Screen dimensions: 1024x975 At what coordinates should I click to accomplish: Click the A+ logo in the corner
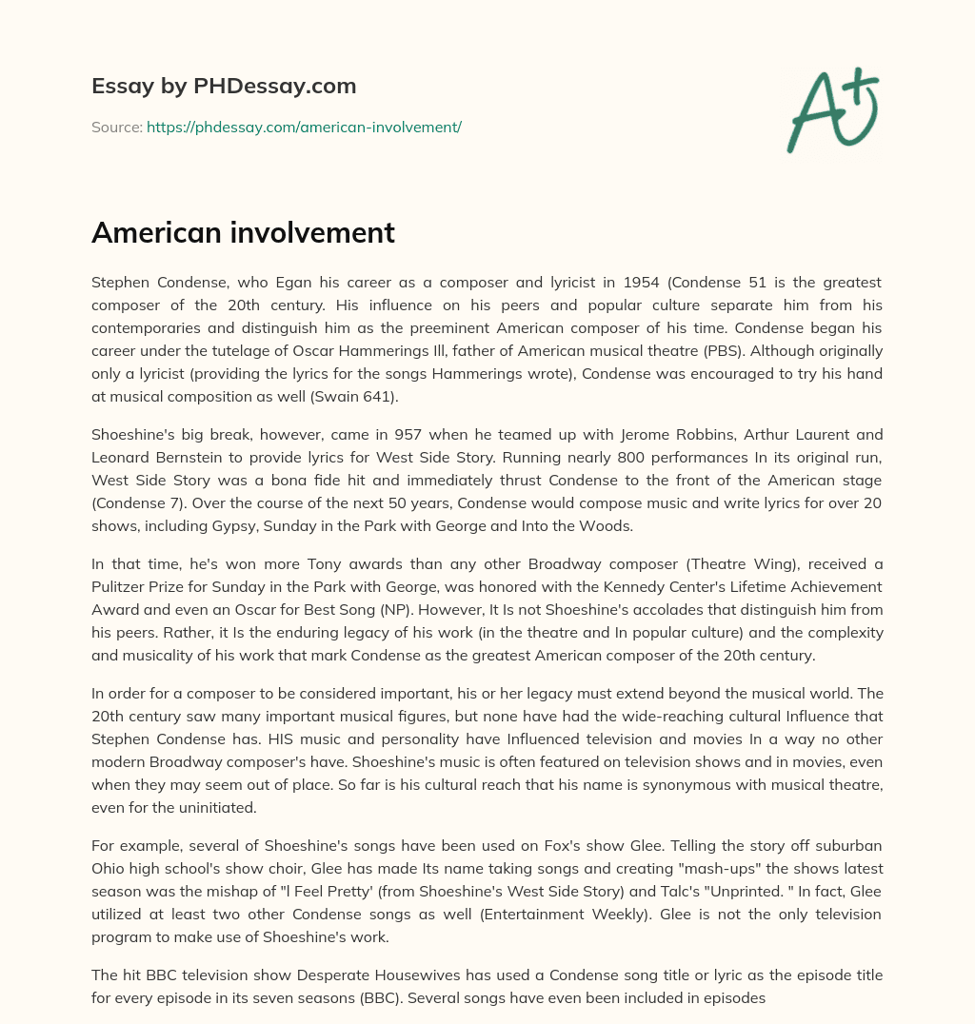point(831,110)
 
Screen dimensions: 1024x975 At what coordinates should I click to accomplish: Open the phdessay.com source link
point(304,127)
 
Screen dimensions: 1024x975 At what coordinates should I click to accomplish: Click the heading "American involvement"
point(243,232)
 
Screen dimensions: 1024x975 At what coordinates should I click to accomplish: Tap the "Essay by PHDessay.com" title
point(224,86)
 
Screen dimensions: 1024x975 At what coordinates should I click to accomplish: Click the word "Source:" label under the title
point(116,127)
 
